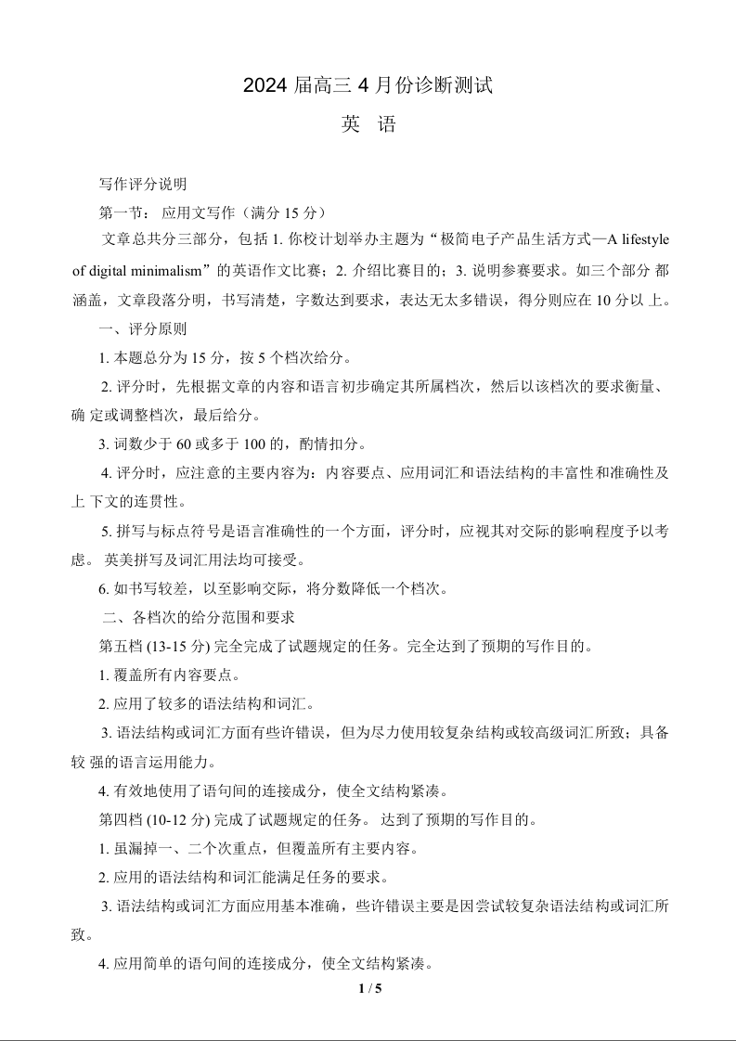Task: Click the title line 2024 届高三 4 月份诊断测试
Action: pyautogui.click(x=368, y=86)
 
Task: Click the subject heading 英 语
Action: pyautogui.click(x=368, y=124)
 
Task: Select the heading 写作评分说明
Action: pyautogui.click(x=143, y=184)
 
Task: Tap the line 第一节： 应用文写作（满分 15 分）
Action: pyautogui.click(x=213, y=212)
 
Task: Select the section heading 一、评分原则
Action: pyautogui.click(x=143, y=328)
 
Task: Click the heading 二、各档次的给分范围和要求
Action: pyautogui.click(x=199, y=617)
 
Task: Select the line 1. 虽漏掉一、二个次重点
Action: pyautogui.click(x=264, y=849)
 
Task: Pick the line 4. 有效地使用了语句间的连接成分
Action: pyautogui.click(x=273, y=791)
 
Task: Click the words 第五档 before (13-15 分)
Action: pyautogui.click(x=118, y=646)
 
